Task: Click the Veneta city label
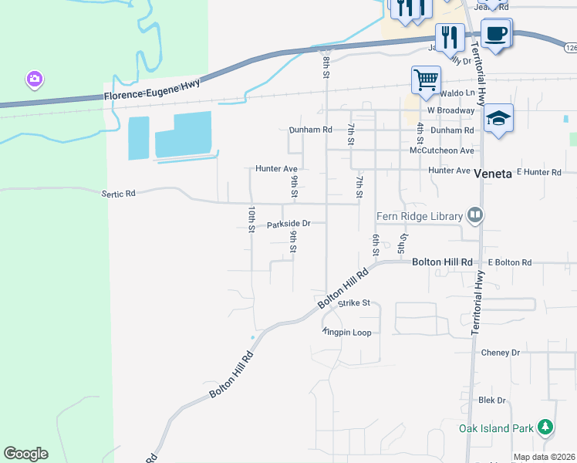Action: (493, 174)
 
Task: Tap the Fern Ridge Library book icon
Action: (475, 216)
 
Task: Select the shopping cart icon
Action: (426, 79)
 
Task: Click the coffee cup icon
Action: (496, 33)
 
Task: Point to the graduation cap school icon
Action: (499, 118)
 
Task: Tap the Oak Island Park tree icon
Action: (545, 427)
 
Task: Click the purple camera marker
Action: (33, 79)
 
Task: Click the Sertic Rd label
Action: (118, 194)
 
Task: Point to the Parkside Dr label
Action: (288, 224)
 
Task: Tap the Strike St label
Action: (355, 303)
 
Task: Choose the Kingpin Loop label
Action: (348, 333)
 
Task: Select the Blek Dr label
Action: (491, 400)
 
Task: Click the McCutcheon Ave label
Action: (441, 150)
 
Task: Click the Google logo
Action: (25, 454)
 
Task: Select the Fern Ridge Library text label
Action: (420, 216)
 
